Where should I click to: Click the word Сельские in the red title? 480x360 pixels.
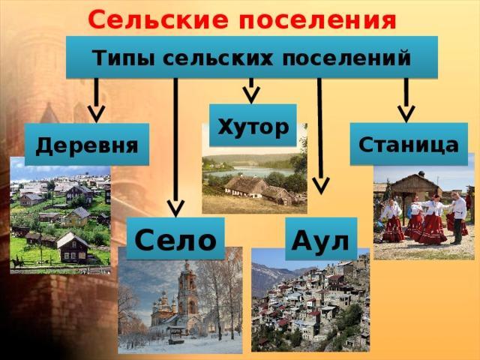click(x=158, y=19)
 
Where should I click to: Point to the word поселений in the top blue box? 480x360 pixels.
click(x=346, y=57)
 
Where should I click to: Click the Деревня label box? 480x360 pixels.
click(x=87, y=144)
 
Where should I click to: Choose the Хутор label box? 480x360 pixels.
click(x=253, y=125)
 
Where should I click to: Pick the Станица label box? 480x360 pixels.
click(x=409, y=144)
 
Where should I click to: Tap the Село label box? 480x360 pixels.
click(x=175, y=238)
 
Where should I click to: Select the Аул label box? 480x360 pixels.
click(x=321, y=238)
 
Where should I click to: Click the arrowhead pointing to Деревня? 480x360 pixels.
click(x=97, y=114)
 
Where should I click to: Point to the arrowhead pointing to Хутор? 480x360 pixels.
click(x=251, y=94)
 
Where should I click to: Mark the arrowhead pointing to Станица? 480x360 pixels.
click(x=406, y=114)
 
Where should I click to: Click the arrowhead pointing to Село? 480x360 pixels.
click(x=175, y=208)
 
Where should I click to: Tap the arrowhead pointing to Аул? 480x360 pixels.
click(x=321, y=185)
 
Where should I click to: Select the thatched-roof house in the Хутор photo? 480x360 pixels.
click(x=258, y=189)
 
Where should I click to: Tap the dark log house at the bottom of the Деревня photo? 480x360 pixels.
click(x=73, y=248)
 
